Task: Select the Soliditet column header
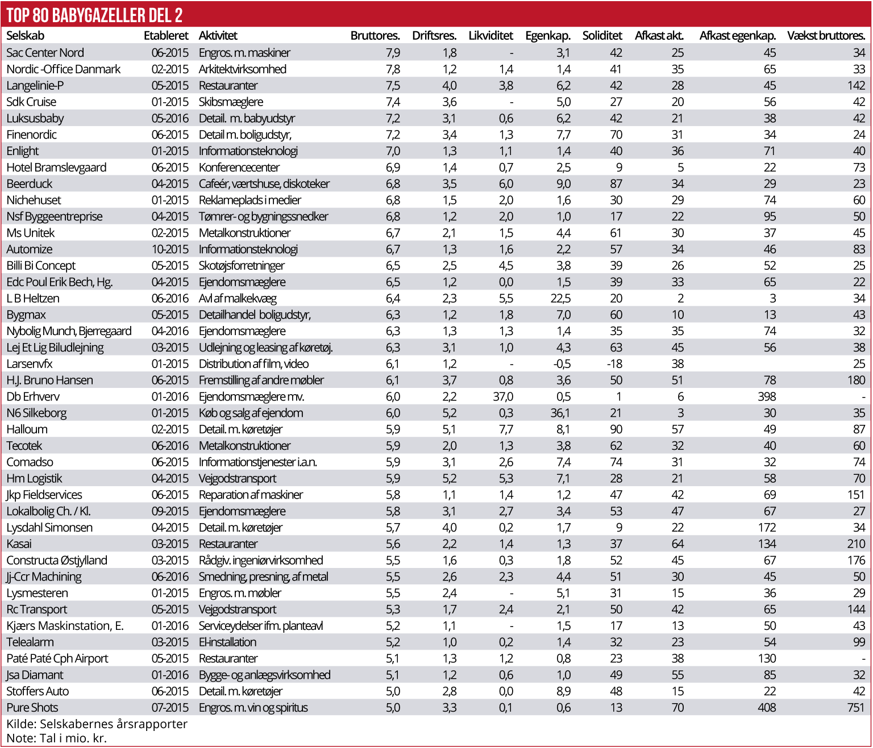(x=602, y=36)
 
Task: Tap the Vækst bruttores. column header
(x=826, y=36)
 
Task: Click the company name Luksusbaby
(x=35, y=118)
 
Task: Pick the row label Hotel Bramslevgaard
(x=56, y=168)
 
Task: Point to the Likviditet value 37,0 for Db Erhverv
(x=503, y=396)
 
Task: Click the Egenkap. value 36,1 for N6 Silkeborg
(x=560, y=413)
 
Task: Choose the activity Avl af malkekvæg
(x=238, y=298)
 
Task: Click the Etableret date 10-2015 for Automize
(x=170, y=249)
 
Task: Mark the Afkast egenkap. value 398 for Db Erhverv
(x=767, y=396)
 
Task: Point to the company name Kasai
(x=19, y=544)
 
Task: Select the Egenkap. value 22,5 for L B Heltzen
(x=560, y=298)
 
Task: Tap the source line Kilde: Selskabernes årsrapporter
(x=97, y=724)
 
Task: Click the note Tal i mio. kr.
(x=56, y=738)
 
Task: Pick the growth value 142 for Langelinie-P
(x=856, y=85)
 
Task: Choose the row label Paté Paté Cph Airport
(x=57, y=658)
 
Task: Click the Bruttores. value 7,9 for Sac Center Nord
(x=393, y=53)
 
